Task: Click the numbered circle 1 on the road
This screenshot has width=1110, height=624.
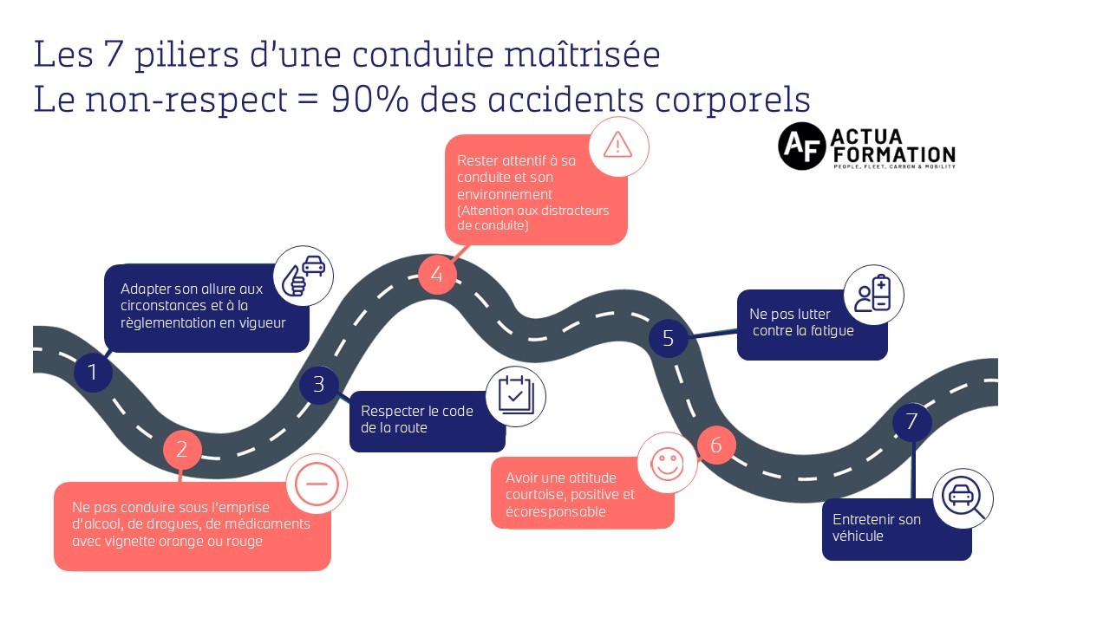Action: [x=93, y=374]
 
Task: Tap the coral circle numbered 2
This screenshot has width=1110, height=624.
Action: [x=182, y=449]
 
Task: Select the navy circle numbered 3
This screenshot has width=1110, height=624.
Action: [x=318, y=384]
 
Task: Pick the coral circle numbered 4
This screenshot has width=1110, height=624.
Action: [x=437, y=275]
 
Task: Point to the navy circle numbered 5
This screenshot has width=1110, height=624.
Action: [x=668, y=338]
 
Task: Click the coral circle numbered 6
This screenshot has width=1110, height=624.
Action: [x=716, y=445]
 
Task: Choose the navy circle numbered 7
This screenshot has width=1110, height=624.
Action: [x=911, y=422]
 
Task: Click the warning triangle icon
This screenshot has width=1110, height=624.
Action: [x=617, y=146]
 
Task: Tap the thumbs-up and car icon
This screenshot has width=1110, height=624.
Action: [x=304, y=277]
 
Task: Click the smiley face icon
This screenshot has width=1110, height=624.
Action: [x=667, y=464]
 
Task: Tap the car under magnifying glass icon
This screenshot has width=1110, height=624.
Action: [x=963, y=498]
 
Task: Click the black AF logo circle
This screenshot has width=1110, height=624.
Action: [x=800, y=146]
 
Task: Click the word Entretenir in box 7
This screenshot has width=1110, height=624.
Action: [x=865, y=519]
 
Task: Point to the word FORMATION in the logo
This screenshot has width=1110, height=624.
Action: [x=892, y=153]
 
